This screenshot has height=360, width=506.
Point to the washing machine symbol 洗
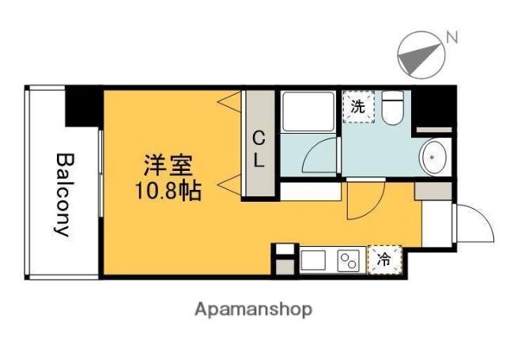[357, 108]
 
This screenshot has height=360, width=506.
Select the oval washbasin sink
[434, 157]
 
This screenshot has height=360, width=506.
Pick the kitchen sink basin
[313, 260]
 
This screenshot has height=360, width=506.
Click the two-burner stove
[349, 260]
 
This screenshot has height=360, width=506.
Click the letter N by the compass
[452, 36]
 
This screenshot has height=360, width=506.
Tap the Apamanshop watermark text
[254, 309]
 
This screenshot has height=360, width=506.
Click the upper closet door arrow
[230, 102]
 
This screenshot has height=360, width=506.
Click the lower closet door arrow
[230, 188]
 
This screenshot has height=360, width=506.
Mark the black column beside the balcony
[81, 107]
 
